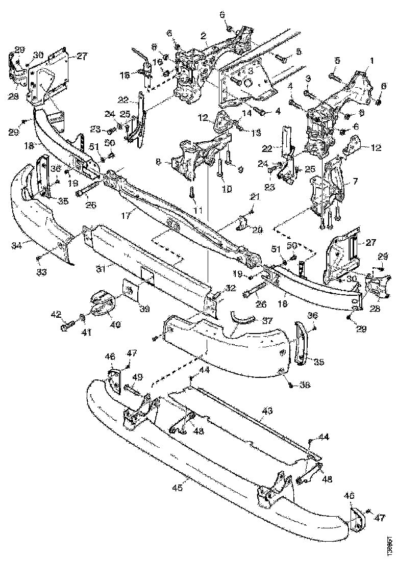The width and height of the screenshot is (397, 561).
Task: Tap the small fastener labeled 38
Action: pyautogui.click(x=290, y=385)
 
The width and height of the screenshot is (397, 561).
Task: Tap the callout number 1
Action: pyautogui.click(x=371, y=60)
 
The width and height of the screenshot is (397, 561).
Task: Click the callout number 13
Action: pyautogui.click(x=256, y=132)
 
